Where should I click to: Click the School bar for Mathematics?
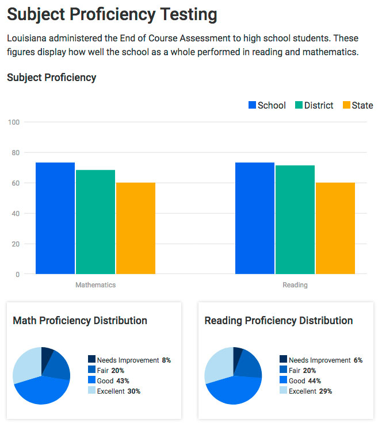[x=55, y=218]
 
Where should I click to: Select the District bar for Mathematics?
[x=96, y=222]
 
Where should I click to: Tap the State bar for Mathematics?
[x=136, y=228]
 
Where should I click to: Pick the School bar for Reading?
[x=255, y=218]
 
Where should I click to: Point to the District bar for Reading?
[x=295, y=220]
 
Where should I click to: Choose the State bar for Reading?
[x=335, y=228]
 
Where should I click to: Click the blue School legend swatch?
[x=252, y=105]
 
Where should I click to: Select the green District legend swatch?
[x=299, y=105]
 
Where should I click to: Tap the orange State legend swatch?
[x=346, y=105]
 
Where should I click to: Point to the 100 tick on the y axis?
[x=14, y=122]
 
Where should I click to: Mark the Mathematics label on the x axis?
[x=96, y=285]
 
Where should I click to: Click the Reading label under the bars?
[x=295, y=285]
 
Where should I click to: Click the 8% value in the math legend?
[x=166, y=360]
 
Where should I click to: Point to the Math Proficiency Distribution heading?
[x=80, y=321]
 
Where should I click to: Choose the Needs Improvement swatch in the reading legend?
[x=283, y=360]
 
